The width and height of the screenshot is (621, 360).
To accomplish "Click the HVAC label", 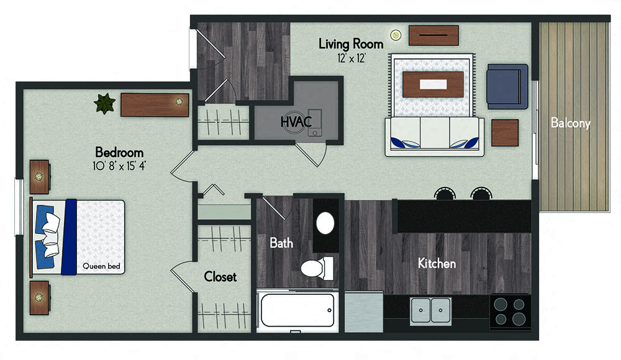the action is (296, 122).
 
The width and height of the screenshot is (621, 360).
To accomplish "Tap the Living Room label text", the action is (351, 43).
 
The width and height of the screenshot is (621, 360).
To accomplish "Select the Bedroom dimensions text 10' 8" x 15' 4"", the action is (119, 166).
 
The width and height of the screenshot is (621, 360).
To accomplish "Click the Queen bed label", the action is (101, 266).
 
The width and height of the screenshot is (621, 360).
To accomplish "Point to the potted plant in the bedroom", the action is (104, 104).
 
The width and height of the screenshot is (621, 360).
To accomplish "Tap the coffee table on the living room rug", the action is (433, 84).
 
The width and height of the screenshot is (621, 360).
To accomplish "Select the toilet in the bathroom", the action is (317, 268).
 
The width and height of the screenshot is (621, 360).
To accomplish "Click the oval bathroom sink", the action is (325, 223).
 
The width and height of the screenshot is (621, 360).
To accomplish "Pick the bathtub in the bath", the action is (297, 310).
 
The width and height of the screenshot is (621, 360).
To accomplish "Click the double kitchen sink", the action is (430, 310).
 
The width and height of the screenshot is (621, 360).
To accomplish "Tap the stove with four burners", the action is (510, 311).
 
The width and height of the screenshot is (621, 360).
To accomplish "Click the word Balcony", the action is (570, 123).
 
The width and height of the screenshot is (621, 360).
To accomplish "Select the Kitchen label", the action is (437, 263).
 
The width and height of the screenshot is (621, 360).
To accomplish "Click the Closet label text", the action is (220, 276).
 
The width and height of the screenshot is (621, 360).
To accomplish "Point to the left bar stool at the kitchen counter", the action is (445, 194).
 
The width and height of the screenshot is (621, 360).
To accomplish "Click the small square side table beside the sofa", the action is (505, 133).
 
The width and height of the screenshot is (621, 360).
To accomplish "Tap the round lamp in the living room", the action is (395, 35).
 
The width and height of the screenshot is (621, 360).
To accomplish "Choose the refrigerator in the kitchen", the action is (364, 312).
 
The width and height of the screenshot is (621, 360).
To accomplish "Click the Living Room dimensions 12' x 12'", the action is (351, 58).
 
